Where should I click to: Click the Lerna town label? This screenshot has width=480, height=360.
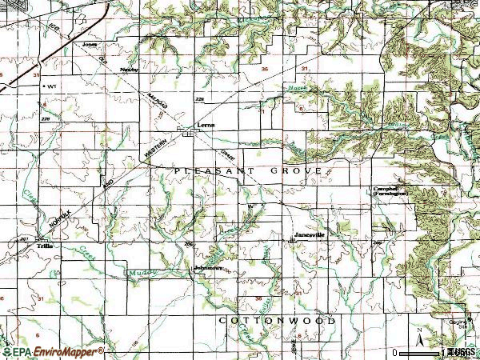207,126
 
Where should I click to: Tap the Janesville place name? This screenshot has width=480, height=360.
308,234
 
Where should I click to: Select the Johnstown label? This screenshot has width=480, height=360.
208,268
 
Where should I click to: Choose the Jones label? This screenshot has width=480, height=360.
90,45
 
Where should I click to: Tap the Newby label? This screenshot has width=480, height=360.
129,70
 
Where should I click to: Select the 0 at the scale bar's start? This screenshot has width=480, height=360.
396,352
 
